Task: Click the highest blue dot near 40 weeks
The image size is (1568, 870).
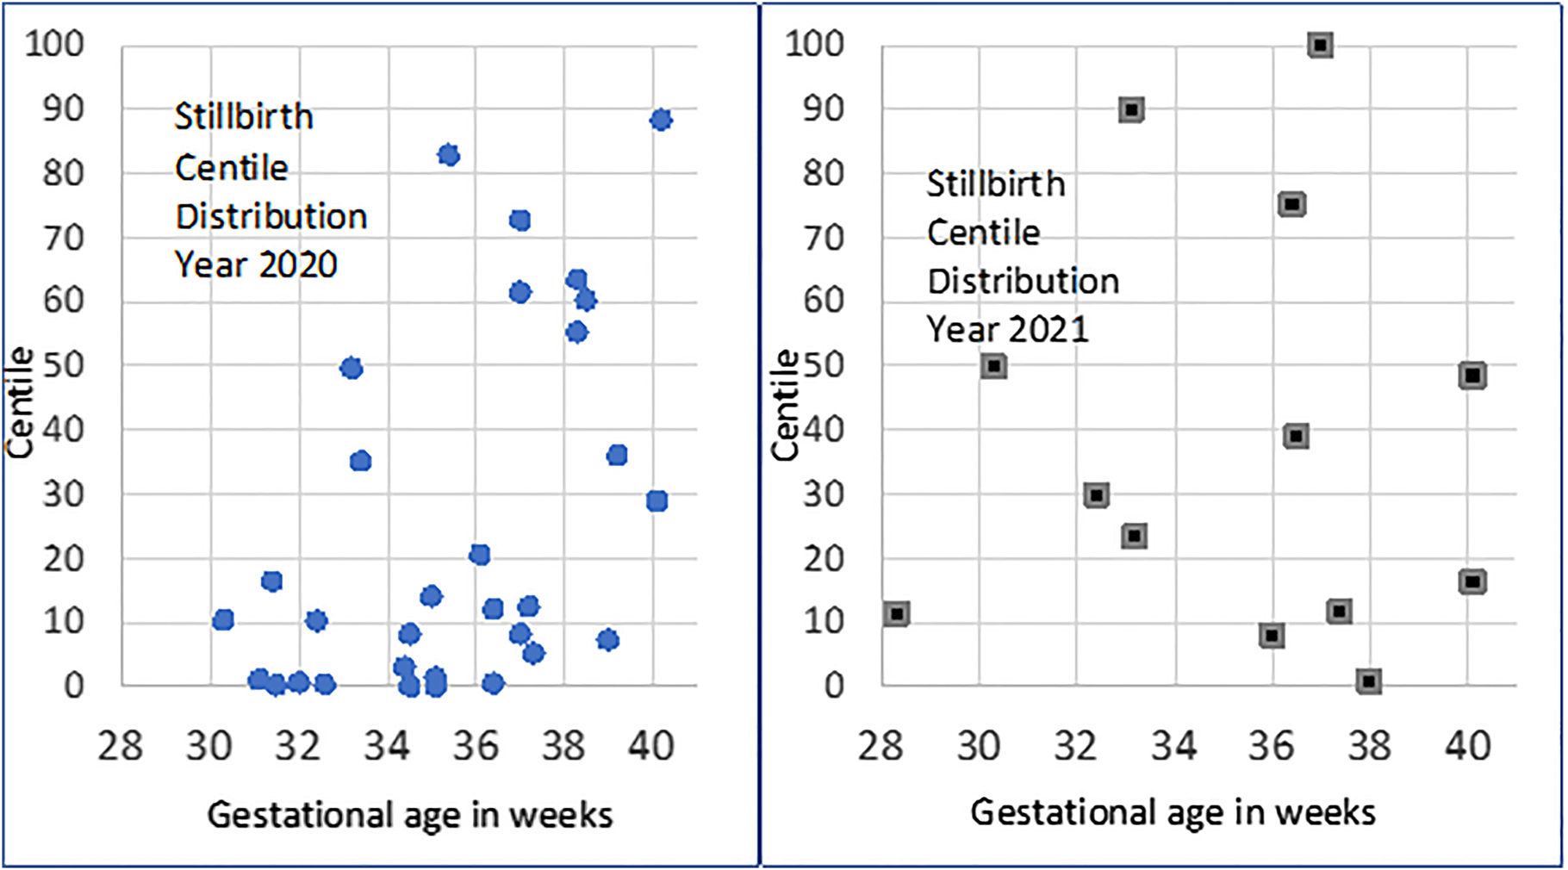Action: coord(661,120)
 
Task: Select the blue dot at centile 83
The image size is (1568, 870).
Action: coord(448,155)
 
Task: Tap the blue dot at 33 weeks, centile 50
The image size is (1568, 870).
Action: coord(351,369)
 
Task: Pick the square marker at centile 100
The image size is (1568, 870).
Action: coord(1320,45)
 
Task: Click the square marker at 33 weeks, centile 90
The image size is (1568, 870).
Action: coord(1131,109)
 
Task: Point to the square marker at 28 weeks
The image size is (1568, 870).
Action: coord(897,614)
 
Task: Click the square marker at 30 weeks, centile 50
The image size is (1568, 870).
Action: coord(993,366)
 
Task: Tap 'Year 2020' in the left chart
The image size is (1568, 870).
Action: coord(256,264)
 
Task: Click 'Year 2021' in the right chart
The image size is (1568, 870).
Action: coord(1007,329)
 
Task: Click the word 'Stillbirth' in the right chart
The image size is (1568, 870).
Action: coord(996,183)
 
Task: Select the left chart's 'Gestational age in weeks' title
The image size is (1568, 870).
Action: coord(410,814)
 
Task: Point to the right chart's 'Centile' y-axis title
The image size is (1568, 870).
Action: coord(784,405)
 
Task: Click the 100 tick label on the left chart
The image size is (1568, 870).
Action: coord(55,43)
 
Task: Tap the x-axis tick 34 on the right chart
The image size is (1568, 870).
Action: coord(1174,745)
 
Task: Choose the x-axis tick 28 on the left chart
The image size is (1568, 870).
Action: coord(121,745)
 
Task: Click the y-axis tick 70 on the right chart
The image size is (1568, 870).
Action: coord(824,238)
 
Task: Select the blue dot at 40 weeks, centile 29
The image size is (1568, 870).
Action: coord(656,500)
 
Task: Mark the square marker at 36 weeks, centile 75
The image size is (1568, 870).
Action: coord(1291,204)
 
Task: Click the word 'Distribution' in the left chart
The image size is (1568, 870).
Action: coord(271,216)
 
